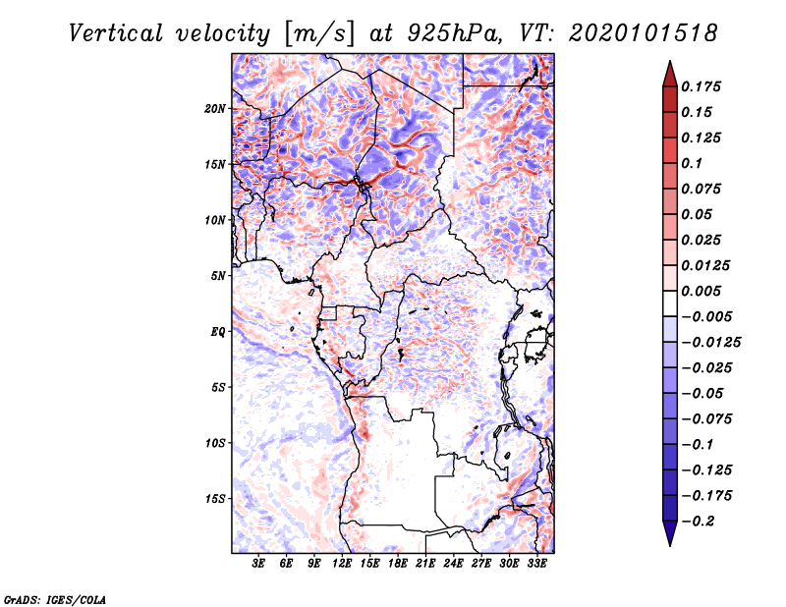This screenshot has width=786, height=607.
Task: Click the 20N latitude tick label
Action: pos(215,108)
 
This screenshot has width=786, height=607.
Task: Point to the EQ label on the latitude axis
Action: pos(217,332)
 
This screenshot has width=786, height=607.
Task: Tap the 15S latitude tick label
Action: pos(215,499)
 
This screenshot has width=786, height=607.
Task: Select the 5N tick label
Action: pos(218,276)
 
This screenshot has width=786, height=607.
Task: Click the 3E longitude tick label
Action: pos(259,564)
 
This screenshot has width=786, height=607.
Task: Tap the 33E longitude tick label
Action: pos(536,564)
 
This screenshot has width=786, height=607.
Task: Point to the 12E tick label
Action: pos(343,564)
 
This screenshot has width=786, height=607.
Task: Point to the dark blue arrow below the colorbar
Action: pos(668,536)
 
